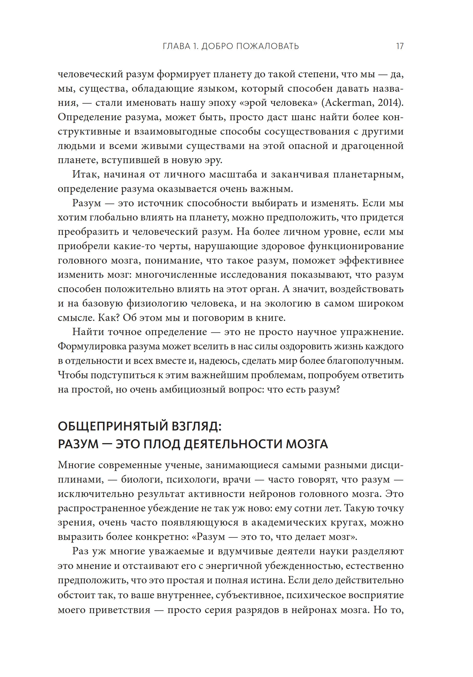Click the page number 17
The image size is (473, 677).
[399, 46]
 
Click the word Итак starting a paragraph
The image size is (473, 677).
[84, 174]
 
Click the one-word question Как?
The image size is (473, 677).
[108, 318]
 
